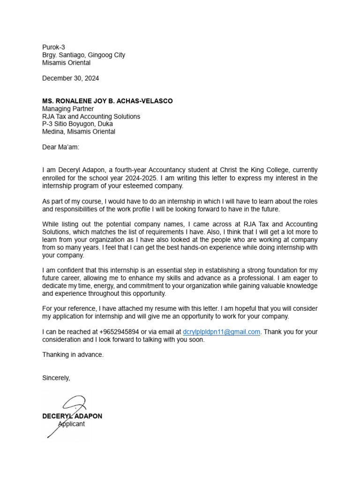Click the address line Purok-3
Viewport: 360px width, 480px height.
click(x=53, y=47)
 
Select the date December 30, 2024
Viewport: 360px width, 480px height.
click(x=70, y=78)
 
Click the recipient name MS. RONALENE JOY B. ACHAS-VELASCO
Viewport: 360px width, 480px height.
click(x=107, y=101)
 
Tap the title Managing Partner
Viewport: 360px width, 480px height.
click(x=68, y=109)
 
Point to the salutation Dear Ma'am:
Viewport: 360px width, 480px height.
click(x=61, y=147)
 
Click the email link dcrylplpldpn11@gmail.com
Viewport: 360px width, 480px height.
click(x=221, y=332)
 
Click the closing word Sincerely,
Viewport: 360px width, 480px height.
click(x=56, y=378)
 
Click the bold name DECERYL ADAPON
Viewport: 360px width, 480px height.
click(x=72, y=416)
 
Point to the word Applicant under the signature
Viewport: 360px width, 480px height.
click(x=71, y=424)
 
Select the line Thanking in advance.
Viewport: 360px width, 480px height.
click(x=73, y=355)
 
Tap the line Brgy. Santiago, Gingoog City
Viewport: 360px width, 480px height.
click(x=83, y=55)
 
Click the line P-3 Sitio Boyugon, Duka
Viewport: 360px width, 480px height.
click(x=77, y=124)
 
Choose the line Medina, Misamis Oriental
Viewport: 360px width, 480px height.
click(x=78, y=132)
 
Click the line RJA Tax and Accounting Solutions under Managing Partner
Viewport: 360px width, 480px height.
click(x=91, y=116)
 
